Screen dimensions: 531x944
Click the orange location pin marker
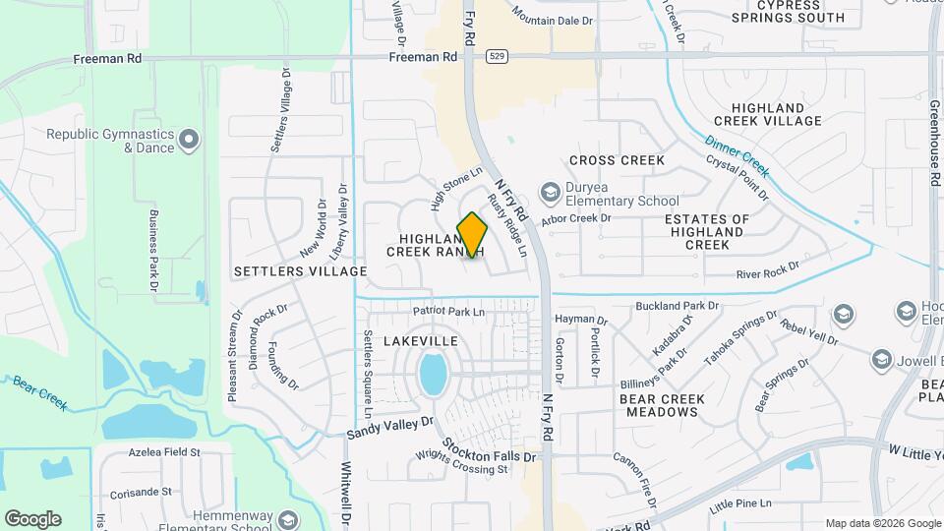(473, 234)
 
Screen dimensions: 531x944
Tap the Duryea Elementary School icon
(550, 190)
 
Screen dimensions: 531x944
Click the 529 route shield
(501, 57)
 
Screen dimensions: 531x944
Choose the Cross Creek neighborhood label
(617, 160)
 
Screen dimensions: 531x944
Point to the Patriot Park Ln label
(449, 312)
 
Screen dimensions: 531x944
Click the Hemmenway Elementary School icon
(288, 518)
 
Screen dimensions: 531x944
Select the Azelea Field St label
(164, 453)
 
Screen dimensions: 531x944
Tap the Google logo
(32, 518)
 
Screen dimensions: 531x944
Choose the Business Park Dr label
(153, 251)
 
